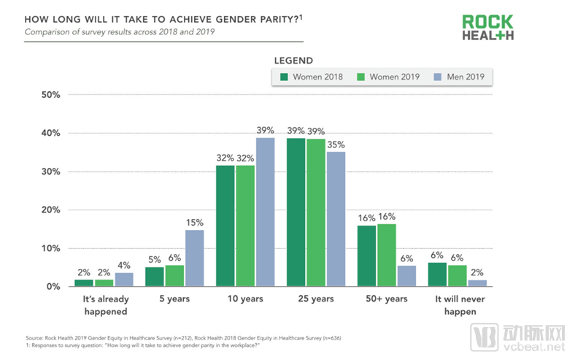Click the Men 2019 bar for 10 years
tap(264, 212)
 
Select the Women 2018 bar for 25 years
tap(296, 212)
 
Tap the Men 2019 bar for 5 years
tap(193, 258)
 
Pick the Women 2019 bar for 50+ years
tap(387, 255)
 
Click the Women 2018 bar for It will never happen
tap(438, 275)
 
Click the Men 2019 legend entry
tap(460, 77)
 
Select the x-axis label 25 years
tap(314, 300)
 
